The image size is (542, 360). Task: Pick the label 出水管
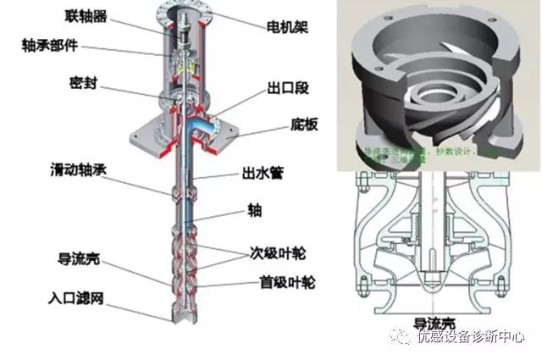(263, 174)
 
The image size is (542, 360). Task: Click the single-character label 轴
(254, 208)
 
